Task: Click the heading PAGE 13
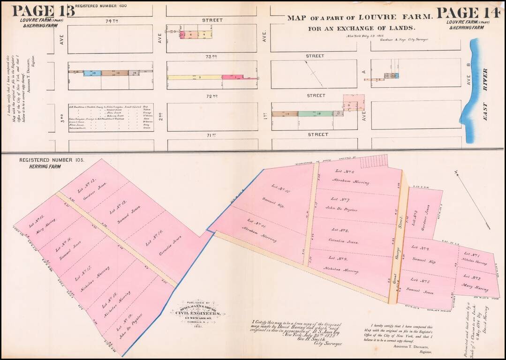pos(43,10)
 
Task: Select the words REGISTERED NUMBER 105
pos(52,160)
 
